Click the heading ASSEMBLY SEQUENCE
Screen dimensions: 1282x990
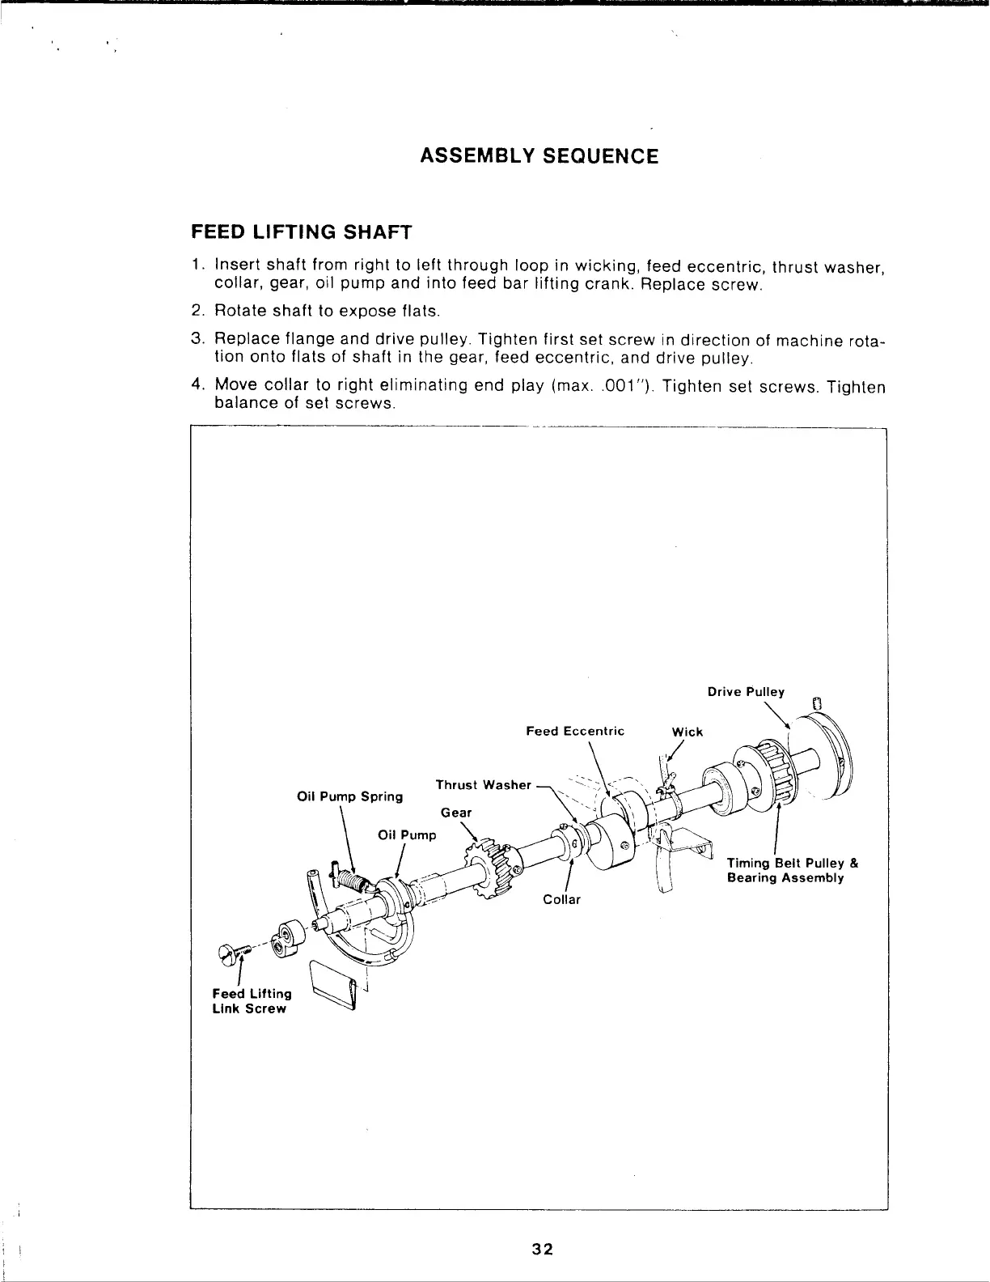pos(539,155)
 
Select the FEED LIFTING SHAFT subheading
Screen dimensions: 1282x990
pos(301,233)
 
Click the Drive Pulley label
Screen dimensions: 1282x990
pos(746,692)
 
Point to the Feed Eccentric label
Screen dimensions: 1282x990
pos(575,731)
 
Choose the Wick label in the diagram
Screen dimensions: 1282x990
pos(687,732)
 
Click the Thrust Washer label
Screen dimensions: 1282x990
pos(483,785)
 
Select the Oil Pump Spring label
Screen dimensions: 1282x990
pos(350,796)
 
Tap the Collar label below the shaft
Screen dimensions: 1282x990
pos(562,900)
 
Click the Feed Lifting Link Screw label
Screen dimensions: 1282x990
pos(251,1001)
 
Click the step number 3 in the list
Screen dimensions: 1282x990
pos(197,340)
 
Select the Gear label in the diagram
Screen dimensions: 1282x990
pos(456,812)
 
